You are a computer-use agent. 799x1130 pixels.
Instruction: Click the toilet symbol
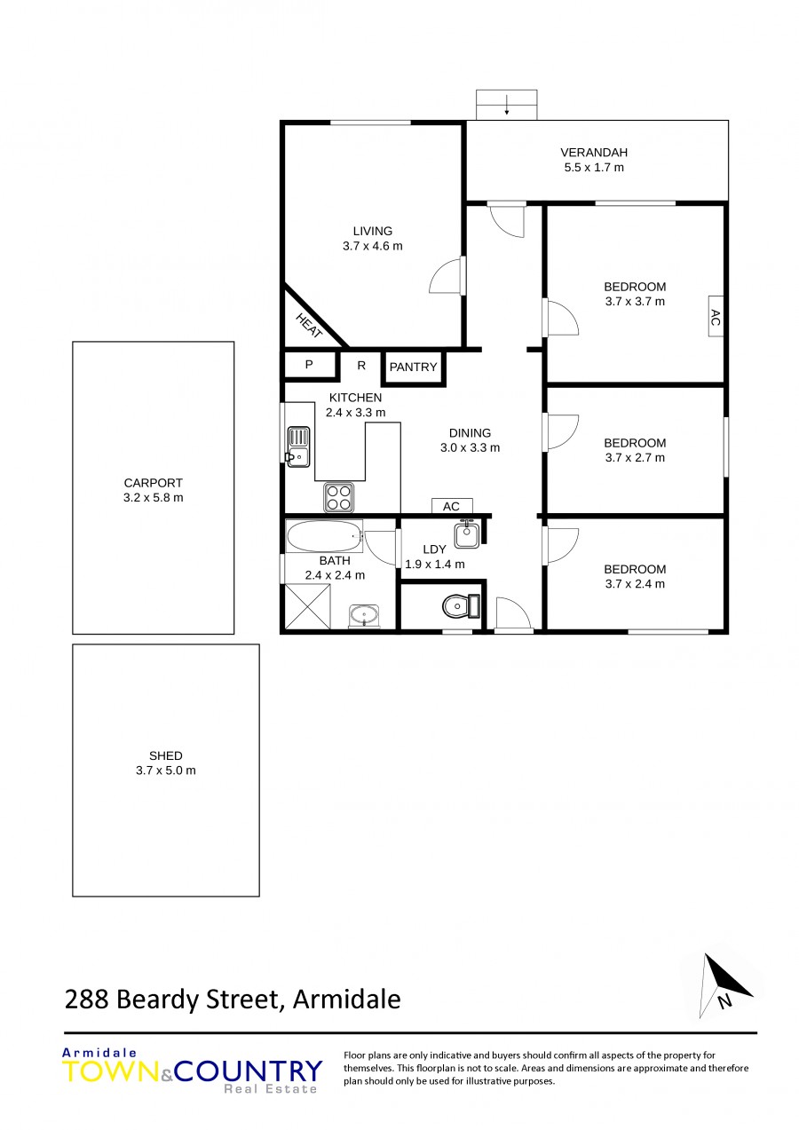click(x=461, y=605)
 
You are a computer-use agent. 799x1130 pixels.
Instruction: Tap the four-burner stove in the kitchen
click(x=338, y=497)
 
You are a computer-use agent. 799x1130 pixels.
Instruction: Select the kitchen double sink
click(x=298, y=446)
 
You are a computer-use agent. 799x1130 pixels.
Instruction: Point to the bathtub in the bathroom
click(x=324, y=536)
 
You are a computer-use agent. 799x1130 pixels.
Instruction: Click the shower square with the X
click(x=307, y=605)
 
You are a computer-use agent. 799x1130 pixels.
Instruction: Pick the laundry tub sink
click(x=467, y=534)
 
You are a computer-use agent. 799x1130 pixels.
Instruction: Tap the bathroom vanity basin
click(x=364, y=615)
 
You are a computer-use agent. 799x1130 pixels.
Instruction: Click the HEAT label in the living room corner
click(x=309, y=326)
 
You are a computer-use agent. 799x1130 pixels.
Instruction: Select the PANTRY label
click(x=413, y=367)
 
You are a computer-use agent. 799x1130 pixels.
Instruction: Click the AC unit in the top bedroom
click(x=716, y=316)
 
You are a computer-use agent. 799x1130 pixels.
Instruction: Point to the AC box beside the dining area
click(x=452, y=506)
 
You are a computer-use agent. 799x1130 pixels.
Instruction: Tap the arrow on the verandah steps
click(x=507, y=105)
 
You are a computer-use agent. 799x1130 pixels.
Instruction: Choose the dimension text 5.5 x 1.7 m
click(x=594, y=168)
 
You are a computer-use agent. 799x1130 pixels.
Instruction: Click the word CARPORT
click(x=154, y=483)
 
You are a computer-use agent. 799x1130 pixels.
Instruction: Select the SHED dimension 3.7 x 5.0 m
click(x=165, y=770)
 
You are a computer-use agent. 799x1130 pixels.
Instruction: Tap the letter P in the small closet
click(x=309, y=364)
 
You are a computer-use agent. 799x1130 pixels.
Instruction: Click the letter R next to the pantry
click(x=361, y=365)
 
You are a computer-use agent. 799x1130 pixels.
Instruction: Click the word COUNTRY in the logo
click(x=248, y=1071)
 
